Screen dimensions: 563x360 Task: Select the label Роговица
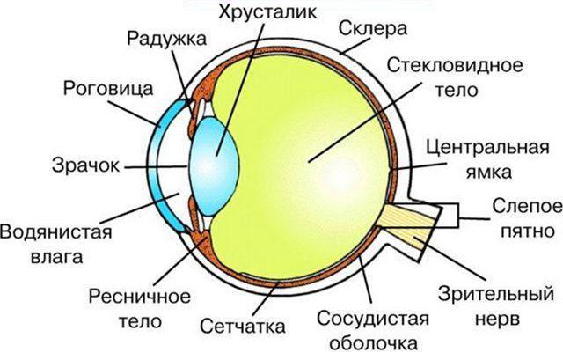(x=109, y=89)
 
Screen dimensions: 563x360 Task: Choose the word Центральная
(x=493, y=146)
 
